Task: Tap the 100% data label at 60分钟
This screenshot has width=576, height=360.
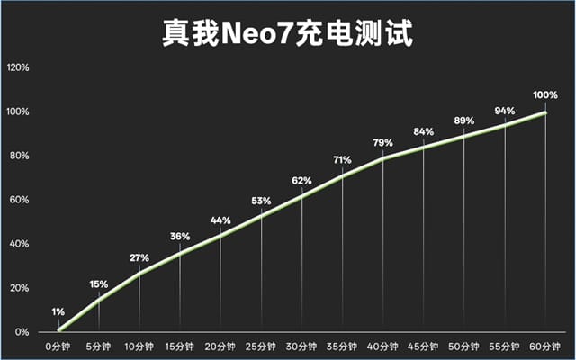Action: [x=545, y=94]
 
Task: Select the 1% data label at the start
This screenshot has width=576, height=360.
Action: [x=58, y=313]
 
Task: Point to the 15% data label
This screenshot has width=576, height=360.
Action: [x=99, y=284]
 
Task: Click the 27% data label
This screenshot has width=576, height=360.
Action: [x=139, y=258]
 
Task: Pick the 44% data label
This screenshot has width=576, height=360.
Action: [x=220, y=220]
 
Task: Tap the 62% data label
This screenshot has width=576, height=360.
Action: [x=301, y=181]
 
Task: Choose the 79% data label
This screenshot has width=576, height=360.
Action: [x=382, y=142]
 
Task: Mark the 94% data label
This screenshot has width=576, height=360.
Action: [x=505, y=111]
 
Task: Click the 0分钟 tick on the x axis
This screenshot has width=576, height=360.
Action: [x=58, y=346]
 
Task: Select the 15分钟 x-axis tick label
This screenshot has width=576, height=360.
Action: [x=180, y=346]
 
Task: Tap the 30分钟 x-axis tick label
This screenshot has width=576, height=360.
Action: [x=301, y=346]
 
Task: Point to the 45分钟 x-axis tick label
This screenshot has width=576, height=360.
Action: [x=423, y=346]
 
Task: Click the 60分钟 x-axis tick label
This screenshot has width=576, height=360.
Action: [x=545, y=346]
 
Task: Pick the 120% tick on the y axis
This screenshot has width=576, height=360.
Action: [x=18, y=67]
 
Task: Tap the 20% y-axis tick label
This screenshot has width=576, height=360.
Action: [x=20, y=288]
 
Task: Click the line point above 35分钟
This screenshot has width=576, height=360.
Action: [x=342, y=175]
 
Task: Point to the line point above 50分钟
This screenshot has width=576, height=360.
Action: [x=464, y=136]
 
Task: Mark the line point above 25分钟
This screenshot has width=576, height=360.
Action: [x=261, y=215]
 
